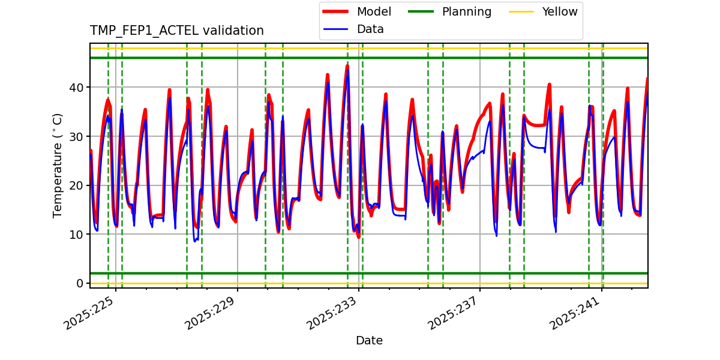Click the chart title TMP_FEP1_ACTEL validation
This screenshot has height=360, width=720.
(177, 31)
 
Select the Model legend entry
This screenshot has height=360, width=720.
(374, 12)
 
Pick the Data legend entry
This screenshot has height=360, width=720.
(370, 29)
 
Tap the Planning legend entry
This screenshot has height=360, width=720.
(466, 12)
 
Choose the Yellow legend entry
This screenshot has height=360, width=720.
(559, 12)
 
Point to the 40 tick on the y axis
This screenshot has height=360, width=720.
(77, 88)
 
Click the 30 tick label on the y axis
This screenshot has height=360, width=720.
(77, 137)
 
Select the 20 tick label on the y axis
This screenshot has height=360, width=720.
(77, 185)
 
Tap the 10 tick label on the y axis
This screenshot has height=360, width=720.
(77, 235)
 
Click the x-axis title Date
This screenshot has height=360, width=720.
(369, 341)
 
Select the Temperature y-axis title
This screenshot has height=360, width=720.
(58, 165)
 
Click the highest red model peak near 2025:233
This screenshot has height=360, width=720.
(347, 66)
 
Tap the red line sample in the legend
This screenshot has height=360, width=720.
(336, 12)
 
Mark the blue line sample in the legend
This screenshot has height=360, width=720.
(336, 29)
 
